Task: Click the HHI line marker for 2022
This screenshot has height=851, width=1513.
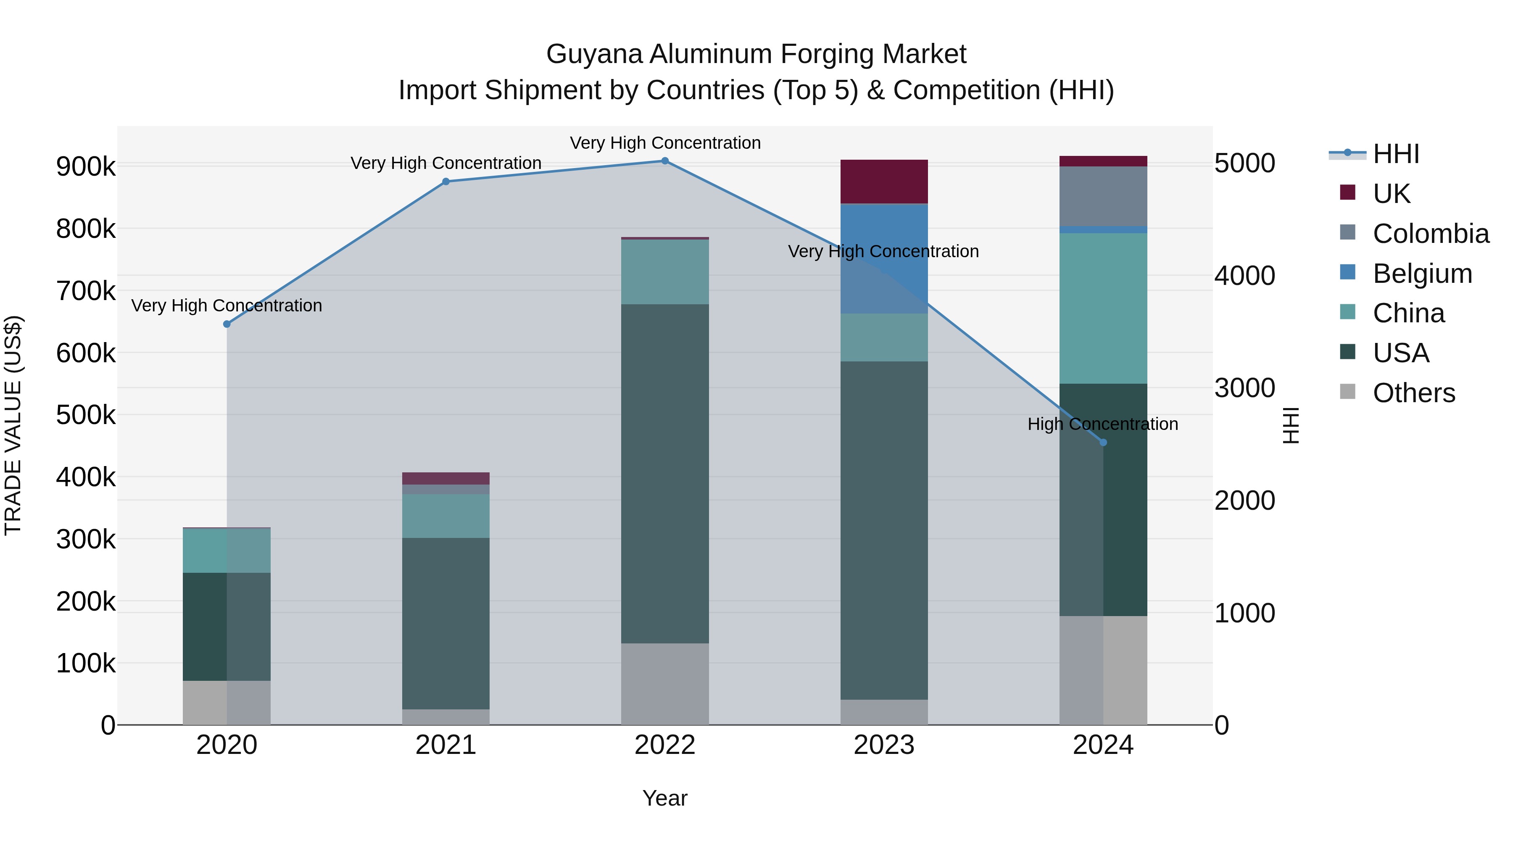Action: pos(665,161)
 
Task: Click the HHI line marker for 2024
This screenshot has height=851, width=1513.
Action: pos(1103,442)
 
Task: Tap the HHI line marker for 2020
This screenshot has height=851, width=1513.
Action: pos(227,324)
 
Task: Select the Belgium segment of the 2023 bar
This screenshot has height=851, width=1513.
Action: pos(884,258)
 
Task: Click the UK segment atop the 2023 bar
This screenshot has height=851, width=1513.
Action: pos(884,182)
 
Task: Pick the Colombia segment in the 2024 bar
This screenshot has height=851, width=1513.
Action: pos(1103,196)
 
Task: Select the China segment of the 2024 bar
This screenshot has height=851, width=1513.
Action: pos(1103,308)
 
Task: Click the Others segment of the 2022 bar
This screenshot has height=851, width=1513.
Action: pos(665,684)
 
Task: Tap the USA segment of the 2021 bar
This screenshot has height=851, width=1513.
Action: pos(446,623)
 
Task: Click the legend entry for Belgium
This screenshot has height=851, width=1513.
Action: pos(1422,274)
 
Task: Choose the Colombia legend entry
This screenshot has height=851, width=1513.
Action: pos(1430,234)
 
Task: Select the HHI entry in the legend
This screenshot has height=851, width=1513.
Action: pos(1395,154)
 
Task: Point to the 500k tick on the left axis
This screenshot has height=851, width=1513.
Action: pos(86,415)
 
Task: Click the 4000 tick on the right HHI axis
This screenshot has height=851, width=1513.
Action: pos(1244,276)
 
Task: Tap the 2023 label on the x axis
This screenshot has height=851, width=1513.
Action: pos(884,745)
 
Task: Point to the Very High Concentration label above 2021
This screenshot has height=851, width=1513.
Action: pos(446,163)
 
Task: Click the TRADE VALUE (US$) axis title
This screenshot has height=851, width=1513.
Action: pos(13,425)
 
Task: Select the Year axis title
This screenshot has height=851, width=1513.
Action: pos(665,798)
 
